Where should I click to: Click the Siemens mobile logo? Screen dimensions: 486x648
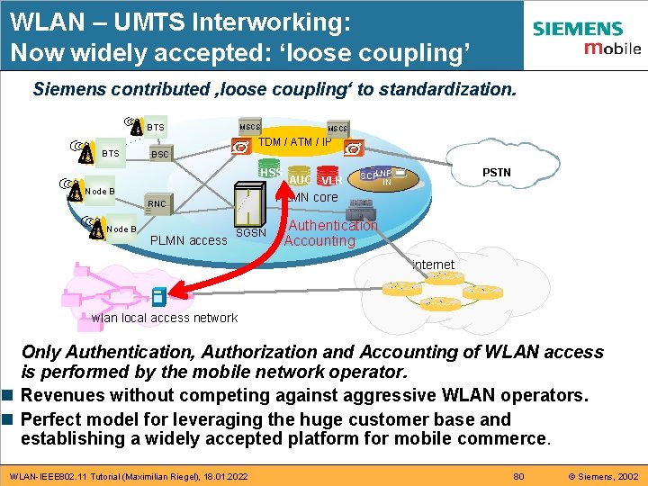click(x=586, y=38)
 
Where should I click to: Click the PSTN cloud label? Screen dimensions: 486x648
click(x=496, y=171)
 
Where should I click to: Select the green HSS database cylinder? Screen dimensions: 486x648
click(x=270, y=172)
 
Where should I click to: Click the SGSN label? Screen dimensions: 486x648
click(x=250, y=234)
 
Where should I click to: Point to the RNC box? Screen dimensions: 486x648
click(x=157, y=204)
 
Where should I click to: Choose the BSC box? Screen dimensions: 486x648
click(x=159, y=155)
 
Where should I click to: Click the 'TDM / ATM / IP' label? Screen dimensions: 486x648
click(x=295, y=142)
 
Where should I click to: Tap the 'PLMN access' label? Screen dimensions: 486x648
click(x=188, y=240)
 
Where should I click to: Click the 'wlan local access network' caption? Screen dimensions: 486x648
click(x=165, y=318)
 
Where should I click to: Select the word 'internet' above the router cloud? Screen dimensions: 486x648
click(x=433, y=265)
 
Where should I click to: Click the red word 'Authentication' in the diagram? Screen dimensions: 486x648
click(x=332, y=226)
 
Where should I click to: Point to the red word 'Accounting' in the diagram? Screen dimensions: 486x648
click(x=319, y=241)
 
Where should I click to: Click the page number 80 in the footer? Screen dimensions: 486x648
click(x=517, y=474)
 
